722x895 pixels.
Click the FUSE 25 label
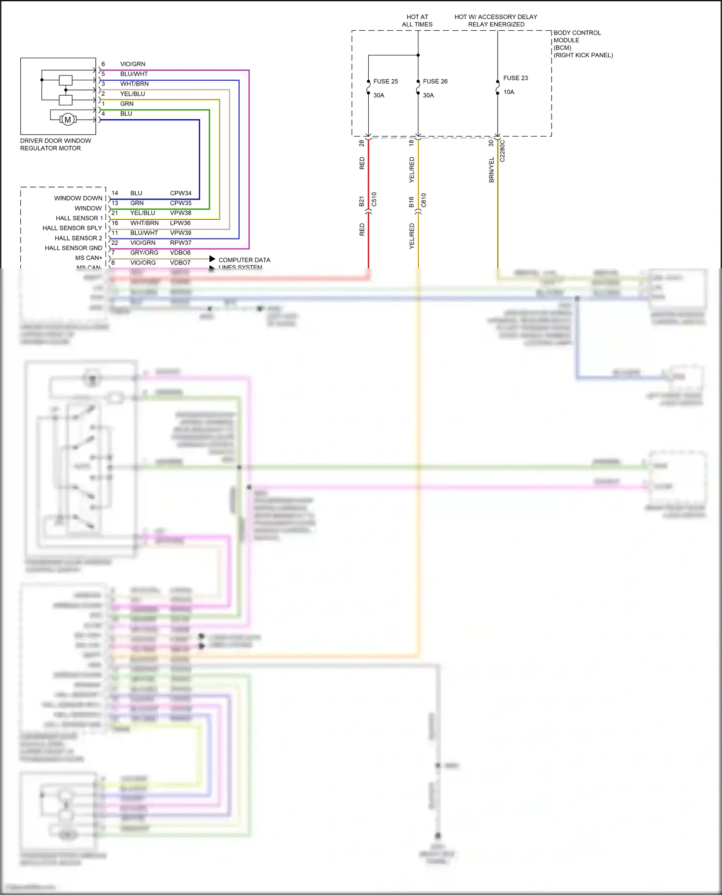pyautogui.click(x=386, y=81)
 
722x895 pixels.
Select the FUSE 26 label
pyautogui.click(x=435, y=81)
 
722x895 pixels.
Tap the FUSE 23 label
pyautogui.click(x=516, y=78)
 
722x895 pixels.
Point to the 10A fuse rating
pyautogui.click(x=509, y=92)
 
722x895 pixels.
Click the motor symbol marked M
pyautogui.click(x=68, y=120)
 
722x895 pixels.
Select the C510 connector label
pyautogui.click(x=374, y=200)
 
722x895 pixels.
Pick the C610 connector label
pyautogui.click(x=424, y=200)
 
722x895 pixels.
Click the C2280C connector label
pyautogui.click(x=503, y=151)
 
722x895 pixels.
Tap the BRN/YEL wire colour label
pyautogui.click(x=491, y=170)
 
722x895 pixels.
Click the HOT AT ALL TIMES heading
pyautogui.click(x=417, y=20)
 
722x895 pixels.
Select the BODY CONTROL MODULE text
pyautogui.click(x=577, y=37)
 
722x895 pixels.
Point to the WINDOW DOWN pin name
pyautogui.click(x=78, y=198)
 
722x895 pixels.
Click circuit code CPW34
pyautogui.click(x=180, y=193)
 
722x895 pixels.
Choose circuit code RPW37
pyautogui.click(x=180, y=243)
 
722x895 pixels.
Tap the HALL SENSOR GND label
pyautogui.click(x=73, y=248)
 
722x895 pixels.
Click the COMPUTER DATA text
pyautogui.click(x=244, y=260)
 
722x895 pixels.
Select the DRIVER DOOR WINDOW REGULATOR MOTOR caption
pyautogui.click(x=55, y=144)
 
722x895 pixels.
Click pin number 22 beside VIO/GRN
pyautogui.click(x=115, y=243)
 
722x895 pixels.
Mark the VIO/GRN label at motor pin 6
pyautogui.click(x=132, y=64)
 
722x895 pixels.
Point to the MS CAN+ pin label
pyautogui.click(x=89, y=258)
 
